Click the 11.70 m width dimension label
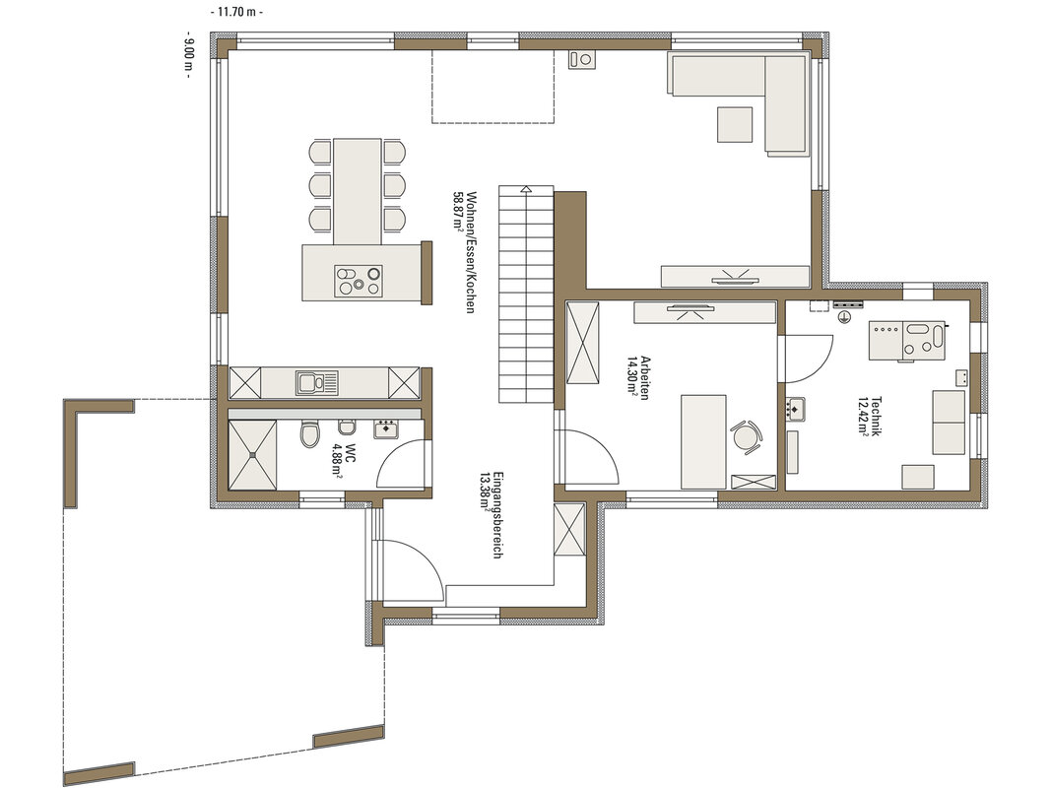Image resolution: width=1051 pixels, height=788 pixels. [236, 12]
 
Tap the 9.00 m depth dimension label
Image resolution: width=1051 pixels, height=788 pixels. [189, 54]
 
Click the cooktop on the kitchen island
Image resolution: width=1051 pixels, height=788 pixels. [359, 281]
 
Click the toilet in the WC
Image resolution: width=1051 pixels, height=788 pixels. [309, 433]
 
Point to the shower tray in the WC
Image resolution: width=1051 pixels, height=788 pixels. [252, 455]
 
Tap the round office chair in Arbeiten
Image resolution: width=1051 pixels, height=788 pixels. [746, 437]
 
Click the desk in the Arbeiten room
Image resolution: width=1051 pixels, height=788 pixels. [704, 441]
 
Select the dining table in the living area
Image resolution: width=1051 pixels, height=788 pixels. [358, 192]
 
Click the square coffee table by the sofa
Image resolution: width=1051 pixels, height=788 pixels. [735, 125]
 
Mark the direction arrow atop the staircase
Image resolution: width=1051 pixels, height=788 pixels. [526, 190]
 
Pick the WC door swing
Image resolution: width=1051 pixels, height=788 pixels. [402, 462]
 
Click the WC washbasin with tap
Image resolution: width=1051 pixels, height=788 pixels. [386, 427]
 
